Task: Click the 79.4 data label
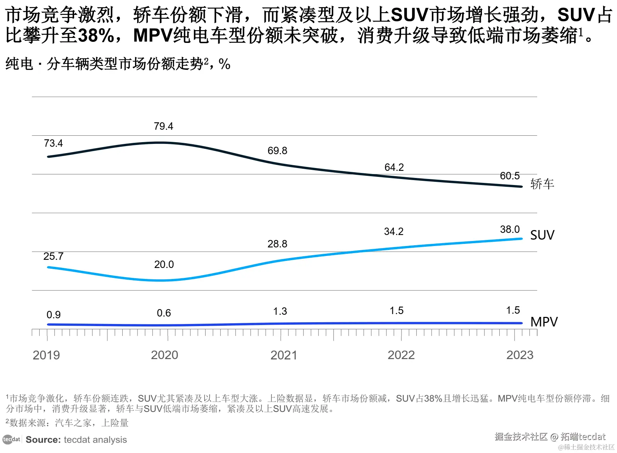163,126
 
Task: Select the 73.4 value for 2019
53,143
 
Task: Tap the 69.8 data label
277,151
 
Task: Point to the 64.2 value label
394,167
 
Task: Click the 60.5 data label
510,176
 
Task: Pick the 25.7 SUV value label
53,256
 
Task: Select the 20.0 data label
164,264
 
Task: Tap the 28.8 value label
277,244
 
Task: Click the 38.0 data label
510,229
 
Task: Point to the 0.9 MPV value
54,315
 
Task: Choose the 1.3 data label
280,311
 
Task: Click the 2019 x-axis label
46,355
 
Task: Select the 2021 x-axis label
284,355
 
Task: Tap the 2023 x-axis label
520,355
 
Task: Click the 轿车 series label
542,184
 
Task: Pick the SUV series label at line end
542,235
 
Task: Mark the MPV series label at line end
544,322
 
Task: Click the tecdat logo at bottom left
11,440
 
